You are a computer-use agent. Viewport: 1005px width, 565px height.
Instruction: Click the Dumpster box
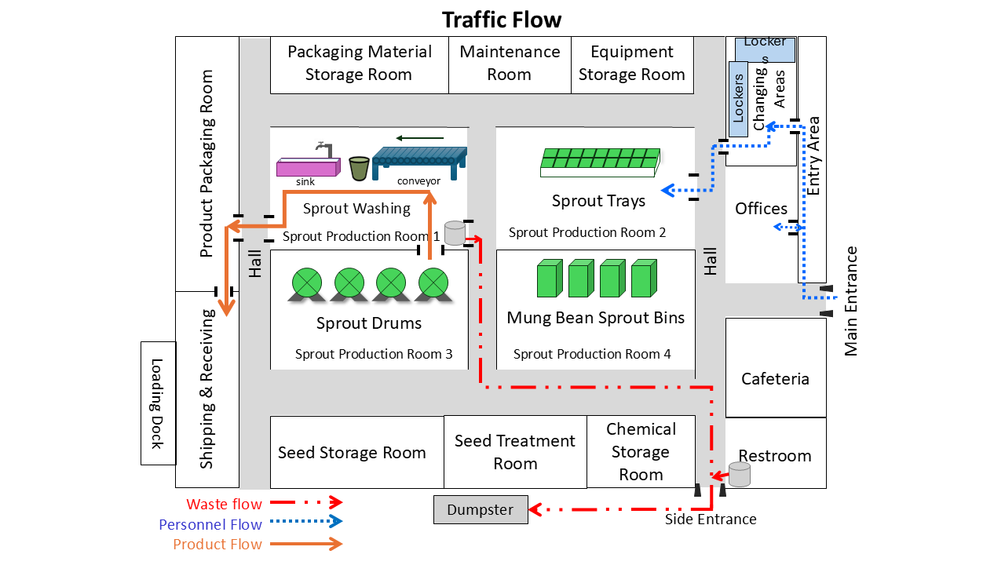point(481,509)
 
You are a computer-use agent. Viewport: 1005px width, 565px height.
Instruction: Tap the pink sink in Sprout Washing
point(309,167)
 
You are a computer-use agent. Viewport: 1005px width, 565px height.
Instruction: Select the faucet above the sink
point(324,149)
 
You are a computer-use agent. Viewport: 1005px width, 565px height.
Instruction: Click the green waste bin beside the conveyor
point(359,169)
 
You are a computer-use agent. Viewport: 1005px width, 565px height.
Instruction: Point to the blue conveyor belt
point(419,162)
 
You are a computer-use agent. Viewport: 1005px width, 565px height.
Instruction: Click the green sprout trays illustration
point(601,162)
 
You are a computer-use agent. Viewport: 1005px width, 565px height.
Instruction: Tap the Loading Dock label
point(156,403)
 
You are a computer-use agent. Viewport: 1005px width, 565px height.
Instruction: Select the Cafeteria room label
point(775,379)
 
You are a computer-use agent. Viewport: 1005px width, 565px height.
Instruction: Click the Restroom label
point(775,456)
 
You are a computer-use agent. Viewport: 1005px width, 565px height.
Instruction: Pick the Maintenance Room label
point(510,63)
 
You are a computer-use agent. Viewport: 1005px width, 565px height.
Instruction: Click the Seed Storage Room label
point(352,453)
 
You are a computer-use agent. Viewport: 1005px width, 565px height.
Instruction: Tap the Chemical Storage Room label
point(641,451)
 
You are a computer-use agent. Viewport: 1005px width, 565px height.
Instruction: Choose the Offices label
point(761,209)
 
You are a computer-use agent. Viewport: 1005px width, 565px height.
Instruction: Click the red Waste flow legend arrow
point(306,502)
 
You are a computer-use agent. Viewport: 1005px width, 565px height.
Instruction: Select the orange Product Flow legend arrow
point(306,544)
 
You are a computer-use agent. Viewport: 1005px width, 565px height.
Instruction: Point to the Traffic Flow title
point(502,20)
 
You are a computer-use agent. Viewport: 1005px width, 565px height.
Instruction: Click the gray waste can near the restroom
point(740,475)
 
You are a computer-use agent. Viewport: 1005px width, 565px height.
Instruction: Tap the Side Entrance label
point(711,519)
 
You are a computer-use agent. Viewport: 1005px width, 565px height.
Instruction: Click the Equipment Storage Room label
point(632,63)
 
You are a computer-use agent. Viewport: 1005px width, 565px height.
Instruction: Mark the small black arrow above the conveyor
point(420,138)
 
